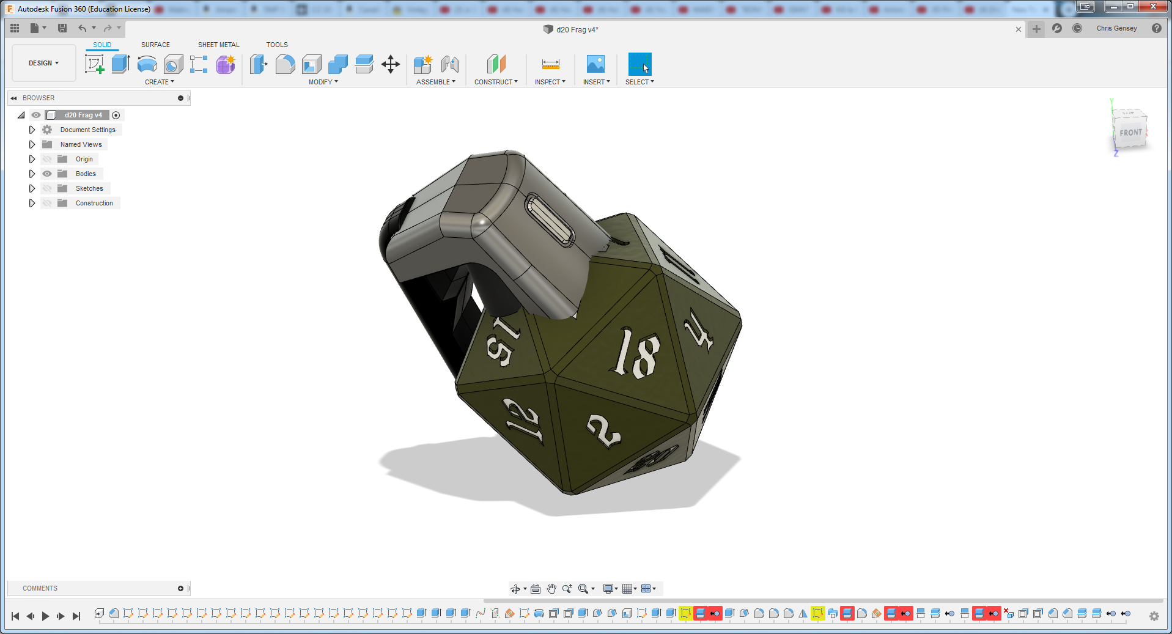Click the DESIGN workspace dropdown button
(x=43, y=63)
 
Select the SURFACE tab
(x=155, y=45)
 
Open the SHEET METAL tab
(x=218, y=45)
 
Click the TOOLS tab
(x=277, y=45)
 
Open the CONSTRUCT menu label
(x=495, y=82)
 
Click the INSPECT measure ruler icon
(x=550, y=64)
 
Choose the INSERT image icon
(x=595, y=64)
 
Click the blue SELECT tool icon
(x=639, y=64)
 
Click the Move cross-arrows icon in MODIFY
(x=390, y=64)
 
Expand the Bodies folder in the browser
(x=32, y=174)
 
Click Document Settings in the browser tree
(x=87, y=130)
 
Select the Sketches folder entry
(x=89, y=188)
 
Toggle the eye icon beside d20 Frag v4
(x=36, y=115)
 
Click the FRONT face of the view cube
(x=1130, y=133)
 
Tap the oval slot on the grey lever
(x=549, y=221)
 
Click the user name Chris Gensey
(x=1116, y=28)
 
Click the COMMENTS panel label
(x=40, y=588)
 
